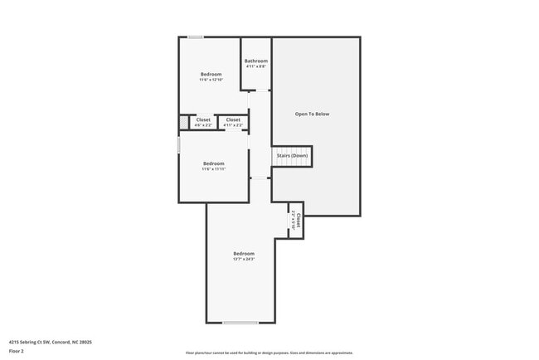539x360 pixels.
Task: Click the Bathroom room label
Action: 255,61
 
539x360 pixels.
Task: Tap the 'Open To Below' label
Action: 312,114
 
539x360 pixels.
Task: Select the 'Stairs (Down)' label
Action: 291,155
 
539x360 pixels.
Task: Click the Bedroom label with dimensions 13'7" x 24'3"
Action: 243,253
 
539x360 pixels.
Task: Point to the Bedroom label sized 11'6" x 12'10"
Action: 211,75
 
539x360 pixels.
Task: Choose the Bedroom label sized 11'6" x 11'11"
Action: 214,163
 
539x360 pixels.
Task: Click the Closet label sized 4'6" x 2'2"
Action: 203,120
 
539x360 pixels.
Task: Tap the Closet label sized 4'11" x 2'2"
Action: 233,120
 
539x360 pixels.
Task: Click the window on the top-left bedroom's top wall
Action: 195,36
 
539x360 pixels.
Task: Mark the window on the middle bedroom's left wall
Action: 179,144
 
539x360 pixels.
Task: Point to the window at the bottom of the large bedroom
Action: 240,323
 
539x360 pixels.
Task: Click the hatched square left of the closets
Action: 183,123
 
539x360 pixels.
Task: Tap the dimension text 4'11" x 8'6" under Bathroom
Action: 255,66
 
